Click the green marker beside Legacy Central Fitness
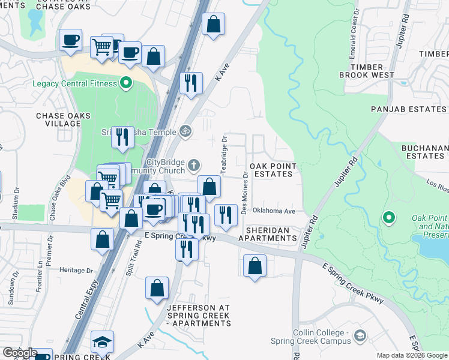[126, 83]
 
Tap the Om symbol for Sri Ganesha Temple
[185, 131]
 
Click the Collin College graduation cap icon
[360, 335]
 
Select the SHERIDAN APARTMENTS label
[268, 234]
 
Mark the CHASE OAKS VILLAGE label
[63, 119]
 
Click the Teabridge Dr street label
[224, 154]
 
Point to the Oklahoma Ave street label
[274, 211]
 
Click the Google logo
[19, 353]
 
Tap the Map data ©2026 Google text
[412, 355]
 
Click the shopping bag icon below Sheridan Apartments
[255, 265]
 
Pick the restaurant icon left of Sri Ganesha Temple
[122, 137]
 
